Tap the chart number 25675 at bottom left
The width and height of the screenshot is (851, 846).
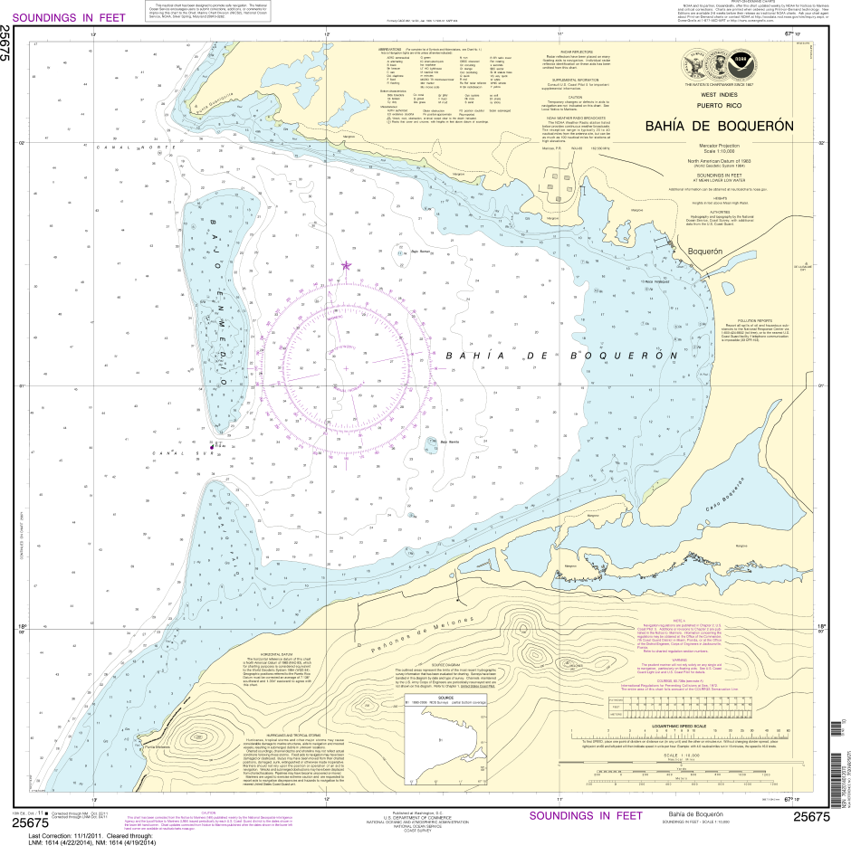pos(30,822)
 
